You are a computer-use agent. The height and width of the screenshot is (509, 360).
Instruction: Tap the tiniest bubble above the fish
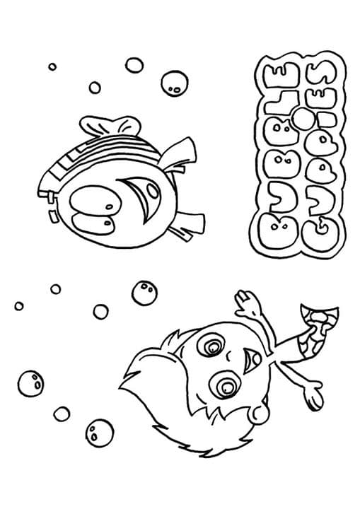(x=52, y=66)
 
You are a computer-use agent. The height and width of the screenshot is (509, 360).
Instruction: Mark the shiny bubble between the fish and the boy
(x=144, y=291)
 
